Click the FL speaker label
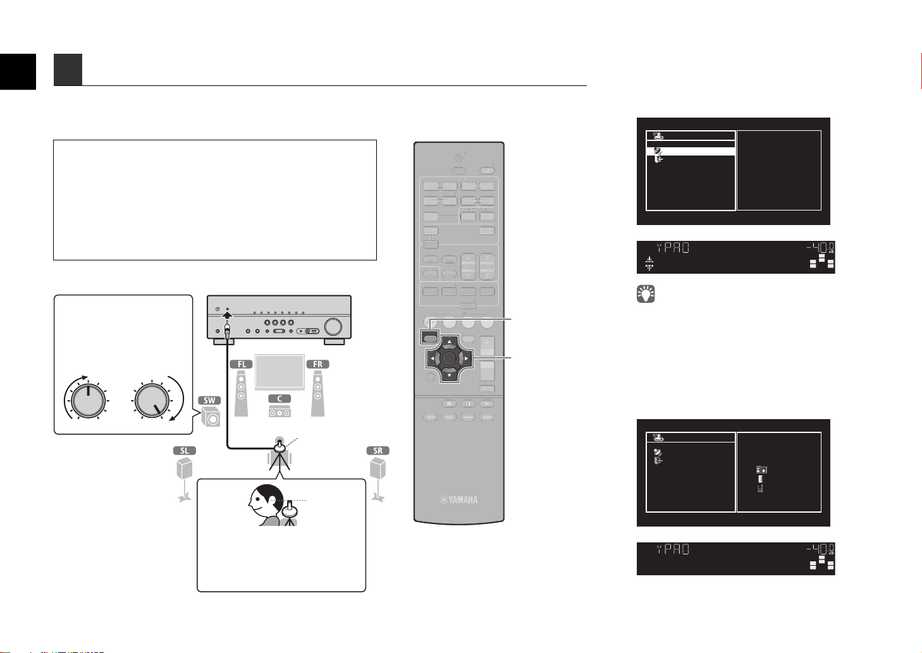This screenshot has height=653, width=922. click(242, 364)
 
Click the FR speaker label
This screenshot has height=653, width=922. click(317, 364)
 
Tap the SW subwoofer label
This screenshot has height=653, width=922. click(209, 400)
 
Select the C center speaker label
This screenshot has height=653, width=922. click(280, 399)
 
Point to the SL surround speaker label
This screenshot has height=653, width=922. click(185, 451)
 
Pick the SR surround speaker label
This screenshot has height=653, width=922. click(378, 451)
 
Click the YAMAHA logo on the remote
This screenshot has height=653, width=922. click(459, 500)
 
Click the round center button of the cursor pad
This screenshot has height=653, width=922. click(449, 358)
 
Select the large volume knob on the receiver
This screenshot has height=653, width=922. click(333, 326)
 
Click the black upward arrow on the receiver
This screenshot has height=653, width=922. click(227, 314)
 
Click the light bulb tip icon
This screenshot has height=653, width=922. click(646, 294)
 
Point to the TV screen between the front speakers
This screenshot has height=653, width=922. click(280, 372)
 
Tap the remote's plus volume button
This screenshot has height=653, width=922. click(487, 343)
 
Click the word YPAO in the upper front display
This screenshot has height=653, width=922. click(673, 248)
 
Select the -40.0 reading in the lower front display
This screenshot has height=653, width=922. click(820, 549)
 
